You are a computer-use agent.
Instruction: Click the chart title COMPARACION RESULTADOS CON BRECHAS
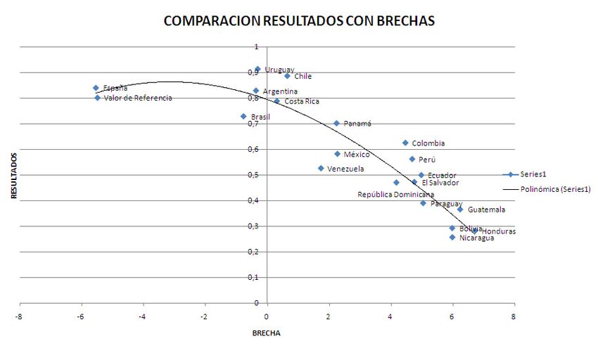[x=299, y=21]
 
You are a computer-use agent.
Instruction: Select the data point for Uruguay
[x=257, y=69]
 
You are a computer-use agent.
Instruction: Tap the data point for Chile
[x=287, y=75]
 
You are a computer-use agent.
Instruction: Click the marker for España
[x=96, y=88]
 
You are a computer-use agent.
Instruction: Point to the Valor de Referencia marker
[x=97, y=98]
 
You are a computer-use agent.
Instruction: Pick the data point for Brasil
[x=243, y=116]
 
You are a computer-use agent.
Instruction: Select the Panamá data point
[x=336, y=123]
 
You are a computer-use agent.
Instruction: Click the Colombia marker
[x=405, y=143]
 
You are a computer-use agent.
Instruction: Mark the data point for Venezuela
[x=321, y=168]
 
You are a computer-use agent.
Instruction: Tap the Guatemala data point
[x=460, y=209]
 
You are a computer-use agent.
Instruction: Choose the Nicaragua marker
[x=452, y=237]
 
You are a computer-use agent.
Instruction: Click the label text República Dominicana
[x=395, y=194]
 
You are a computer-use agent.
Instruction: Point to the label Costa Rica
[x=302, y=101]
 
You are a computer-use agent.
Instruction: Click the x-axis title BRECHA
[x=267, y=333]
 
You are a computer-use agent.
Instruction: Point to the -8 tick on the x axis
[x=20, y=316]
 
